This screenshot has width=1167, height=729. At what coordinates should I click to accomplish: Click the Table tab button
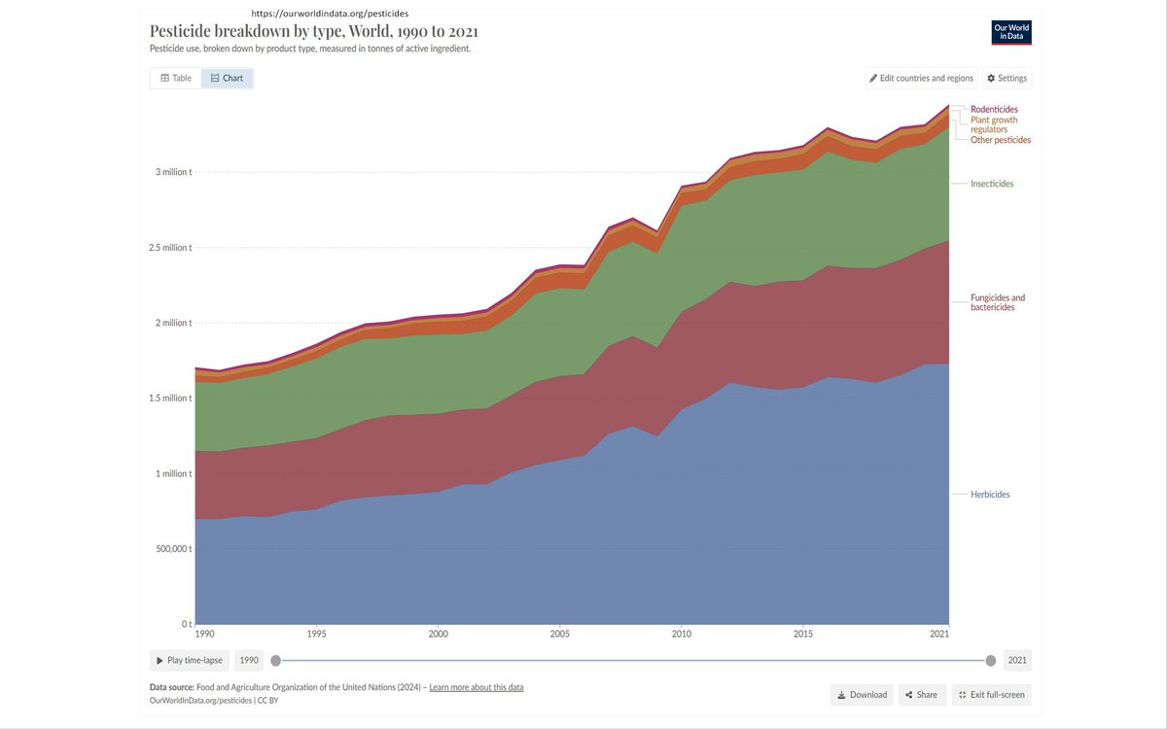pos(176,78)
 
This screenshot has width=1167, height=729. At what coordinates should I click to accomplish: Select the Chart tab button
pos(227,78)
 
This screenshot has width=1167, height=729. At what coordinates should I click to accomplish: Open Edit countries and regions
pos(921,78)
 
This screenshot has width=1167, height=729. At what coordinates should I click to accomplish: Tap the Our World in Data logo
pos(1011,32)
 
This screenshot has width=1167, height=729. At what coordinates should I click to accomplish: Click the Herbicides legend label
pos(990,495)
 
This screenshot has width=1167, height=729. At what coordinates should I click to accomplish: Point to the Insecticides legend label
pos(992,184)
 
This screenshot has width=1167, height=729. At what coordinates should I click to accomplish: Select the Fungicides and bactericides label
pos(998,302)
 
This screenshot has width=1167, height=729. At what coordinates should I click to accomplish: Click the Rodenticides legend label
pos(994,109)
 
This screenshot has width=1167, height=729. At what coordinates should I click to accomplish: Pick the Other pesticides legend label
pos(1001,140)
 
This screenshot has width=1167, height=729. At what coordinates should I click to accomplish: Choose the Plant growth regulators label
pos(994,124)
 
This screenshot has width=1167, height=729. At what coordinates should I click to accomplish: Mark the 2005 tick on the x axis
pos(559,633)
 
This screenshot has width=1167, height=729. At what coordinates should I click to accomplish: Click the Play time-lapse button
pos(190,660)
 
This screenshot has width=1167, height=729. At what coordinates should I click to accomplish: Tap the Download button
pos(862,695)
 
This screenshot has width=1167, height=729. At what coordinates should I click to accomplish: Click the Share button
pos(921,695)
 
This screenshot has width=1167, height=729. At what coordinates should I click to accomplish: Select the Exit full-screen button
pos(990,695)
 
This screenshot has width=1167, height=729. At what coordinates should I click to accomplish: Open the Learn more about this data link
pos(477,687)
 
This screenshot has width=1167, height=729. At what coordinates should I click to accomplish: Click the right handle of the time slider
pos(990,661)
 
